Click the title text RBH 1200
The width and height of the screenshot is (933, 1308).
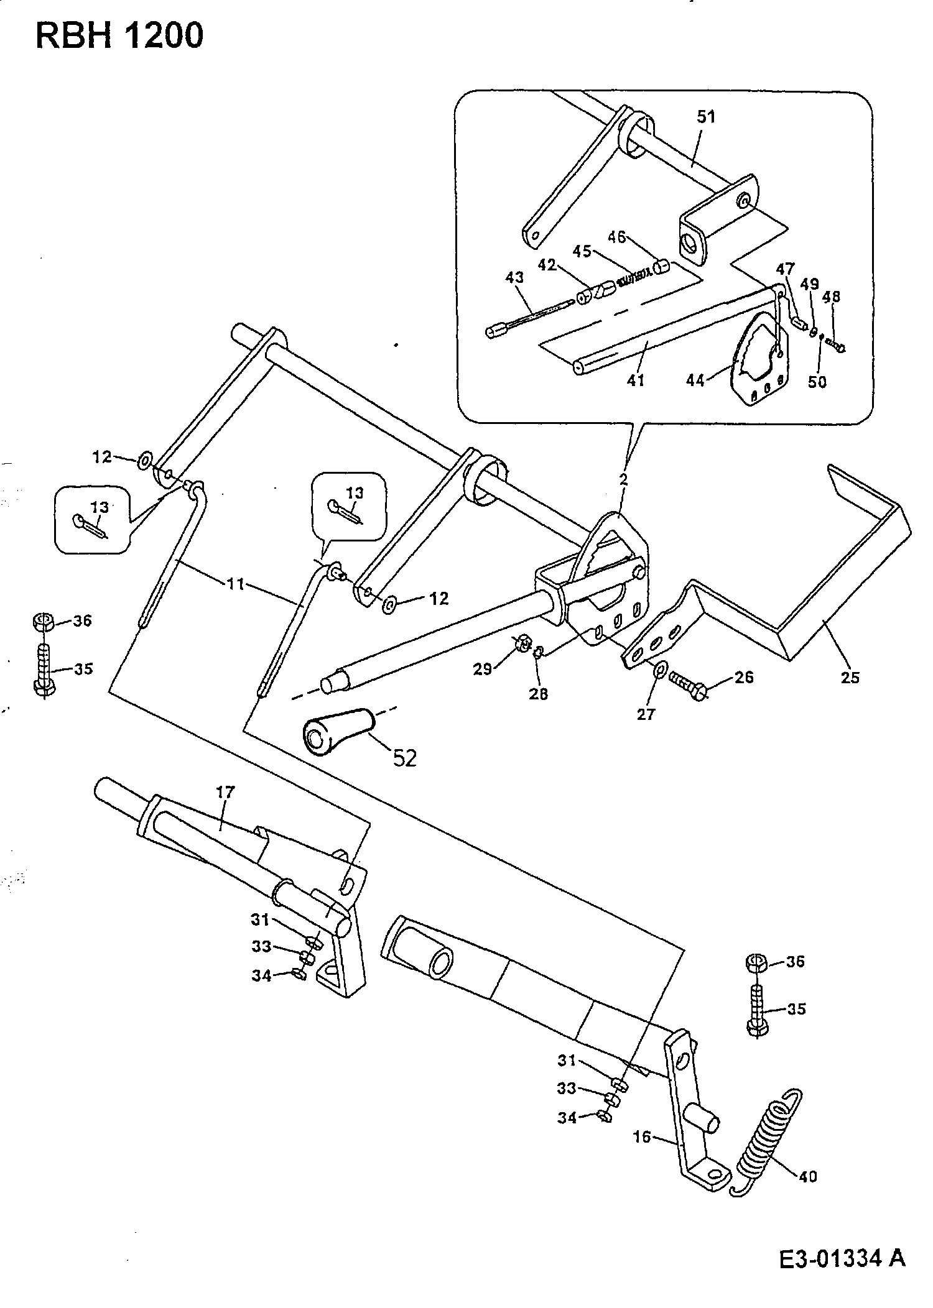[x=119, y=36]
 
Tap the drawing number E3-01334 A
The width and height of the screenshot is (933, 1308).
[x=842, y=1255]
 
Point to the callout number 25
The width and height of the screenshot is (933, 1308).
[x=850, y=677]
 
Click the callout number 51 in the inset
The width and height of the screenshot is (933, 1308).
[x=706, y=117]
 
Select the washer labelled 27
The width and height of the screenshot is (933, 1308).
[x=660, y=670]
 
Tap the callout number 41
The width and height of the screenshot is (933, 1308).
[x=636, y=380]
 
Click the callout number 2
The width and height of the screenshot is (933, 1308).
[x=623, y=479]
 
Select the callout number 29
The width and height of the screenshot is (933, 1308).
[x=483, y=668]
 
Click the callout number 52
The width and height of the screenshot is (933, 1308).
[x=404, y=758]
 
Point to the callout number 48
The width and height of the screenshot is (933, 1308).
[x=832, y=297]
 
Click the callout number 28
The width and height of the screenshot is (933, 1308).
[x=539, y=693]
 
